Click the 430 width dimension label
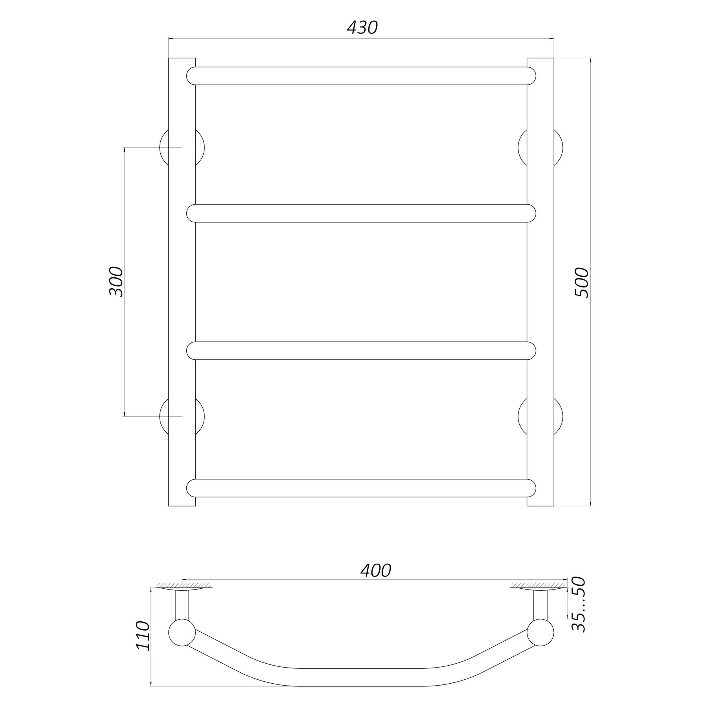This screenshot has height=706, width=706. coord(362,27)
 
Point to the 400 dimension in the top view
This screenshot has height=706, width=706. coord(376,571)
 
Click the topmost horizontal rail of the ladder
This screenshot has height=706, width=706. coord(361,76)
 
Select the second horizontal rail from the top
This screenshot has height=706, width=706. coord(361,213)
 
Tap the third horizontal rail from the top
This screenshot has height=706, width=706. coord(361,351)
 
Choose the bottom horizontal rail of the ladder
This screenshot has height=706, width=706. coord(361,488)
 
